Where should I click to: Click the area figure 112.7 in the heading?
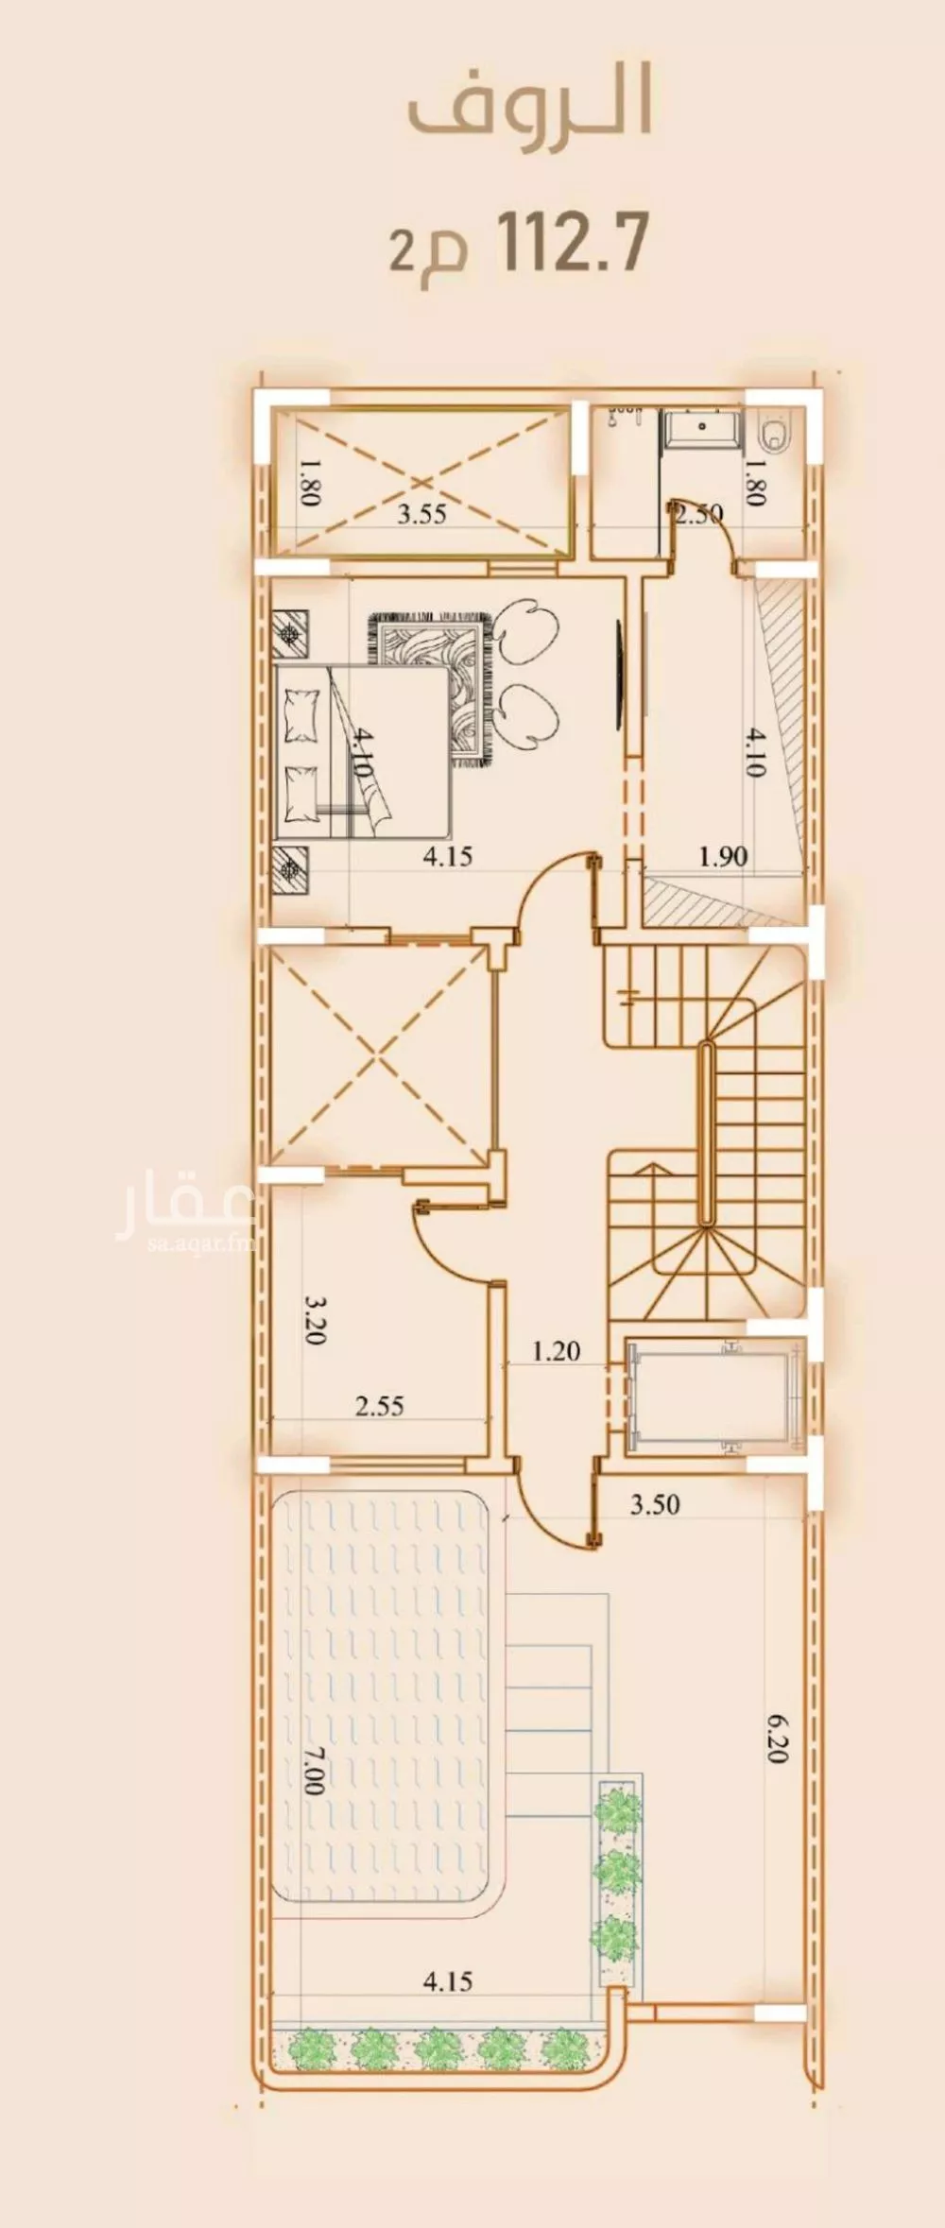pyautogui.click(x=572, y=244)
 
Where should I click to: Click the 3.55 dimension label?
pyautogui.click(x=421, y=514)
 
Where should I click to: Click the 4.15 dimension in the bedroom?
pyautogui.click(x=447, y=857)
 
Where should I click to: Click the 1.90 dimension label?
pyautogui.click(x=723, y=857)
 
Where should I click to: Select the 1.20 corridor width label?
pyautogui.click(x=555, y=1351)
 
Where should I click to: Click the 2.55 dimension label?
pyautogui.click(x=380, y=1406)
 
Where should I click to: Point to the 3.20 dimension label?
pyautogui.click(x=315, y=1319)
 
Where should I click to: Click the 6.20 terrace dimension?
pyautogui.click(x=778, y=1739)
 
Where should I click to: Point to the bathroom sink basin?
pyautogui.click(x=702, y=426)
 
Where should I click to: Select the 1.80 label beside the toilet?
pyautogui.click(x=755, y=482)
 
